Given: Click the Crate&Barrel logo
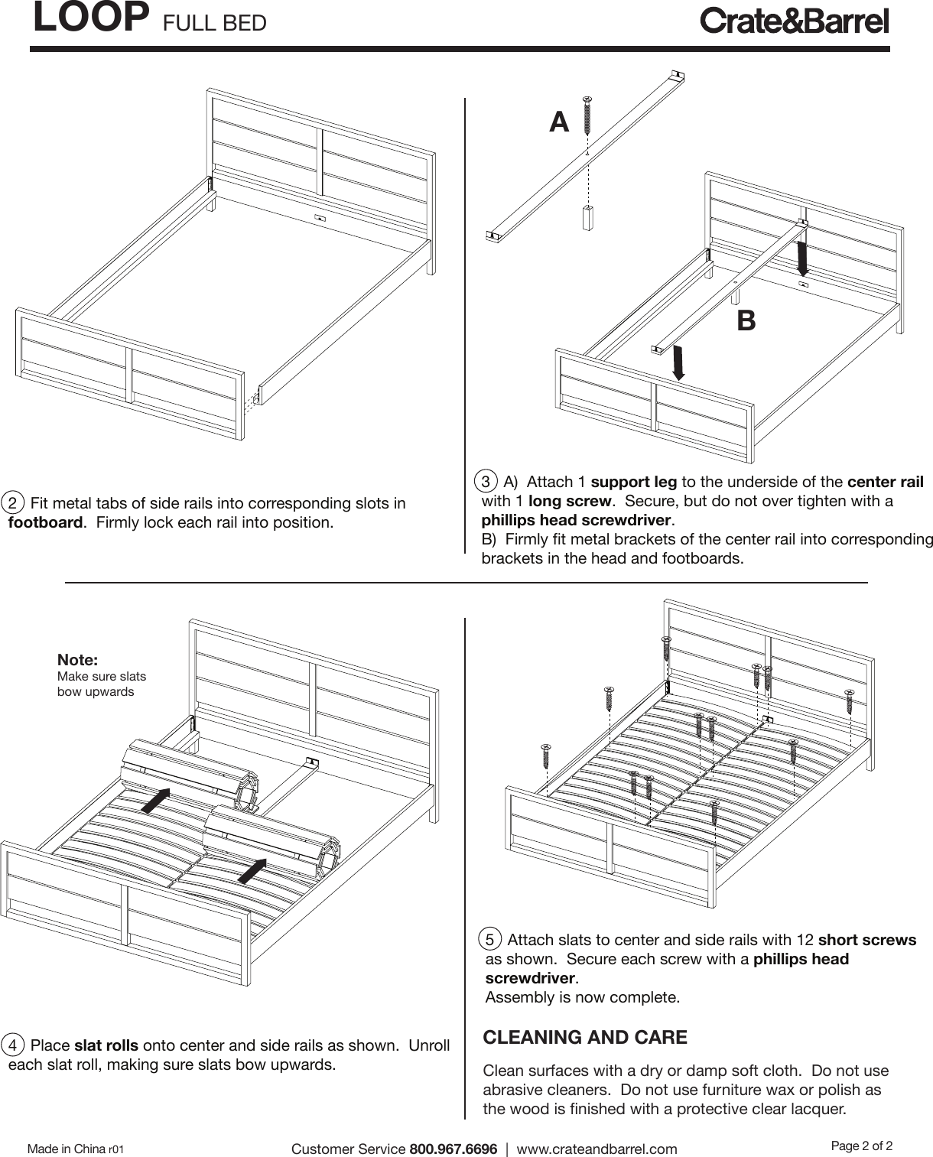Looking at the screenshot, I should click(x=795, y=21).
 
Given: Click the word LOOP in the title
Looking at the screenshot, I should click(x=90, y=18).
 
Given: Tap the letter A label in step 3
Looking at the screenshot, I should click(x=560, y=122).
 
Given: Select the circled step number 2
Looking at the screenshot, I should click(x=14, y=503).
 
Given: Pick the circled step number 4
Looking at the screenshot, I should click(x=14, y=1045).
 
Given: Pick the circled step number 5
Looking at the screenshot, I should click(x=490, y=939).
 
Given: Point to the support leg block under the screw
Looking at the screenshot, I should click(x=587, y=218).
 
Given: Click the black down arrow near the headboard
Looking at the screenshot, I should click(x=802, y=258).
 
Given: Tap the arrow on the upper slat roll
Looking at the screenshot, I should click(x=156, y=801).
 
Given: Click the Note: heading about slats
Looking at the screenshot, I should click(x=78, y=659).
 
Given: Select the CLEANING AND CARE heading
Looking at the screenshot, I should click(x=585, y=1038).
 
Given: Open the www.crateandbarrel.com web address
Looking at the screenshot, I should click(x=597, y=1149).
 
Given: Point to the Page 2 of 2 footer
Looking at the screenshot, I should click(x=861, y=1146).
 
